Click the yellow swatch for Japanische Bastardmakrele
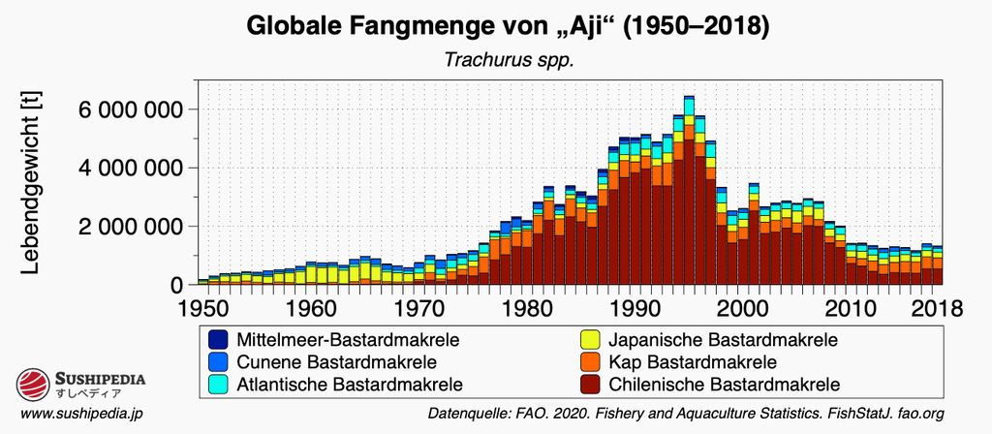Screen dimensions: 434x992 tap(586, 340)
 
